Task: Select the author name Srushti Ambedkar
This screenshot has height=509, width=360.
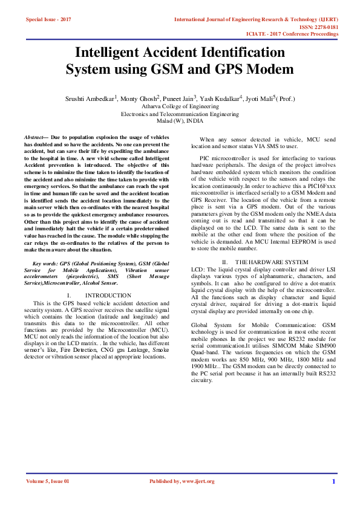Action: pyautogui.click(x=89, y=97)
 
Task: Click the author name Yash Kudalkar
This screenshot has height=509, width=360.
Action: pyautogui.click(x=220, y=97)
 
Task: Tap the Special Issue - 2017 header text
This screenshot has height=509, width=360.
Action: pyautogui.click(x=48, y=20)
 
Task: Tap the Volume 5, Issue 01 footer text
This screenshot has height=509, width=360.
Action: pyautogui.click(x=48, y=481)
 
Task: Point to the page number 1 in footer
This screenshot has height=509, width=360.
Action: pyautogui.click(x=333, y=481)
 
